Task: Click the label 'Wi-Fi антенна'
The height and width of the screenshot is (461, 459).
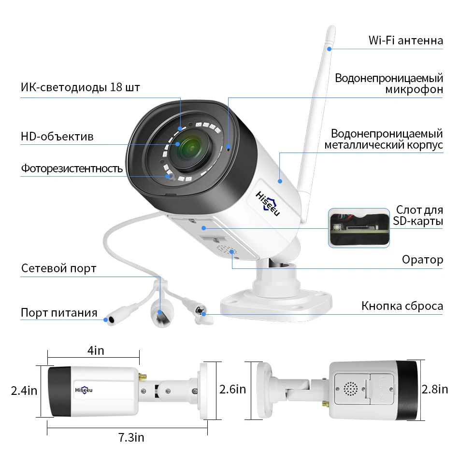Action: [405, 40]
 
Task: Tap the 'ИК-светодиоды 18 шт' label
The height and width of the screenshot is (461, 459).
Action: [80, 87]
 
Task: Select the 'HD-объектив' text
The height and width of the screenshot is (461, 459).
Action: [57, 137]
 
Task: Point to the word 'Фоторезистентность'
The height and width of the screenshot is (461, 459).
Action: [72, 168]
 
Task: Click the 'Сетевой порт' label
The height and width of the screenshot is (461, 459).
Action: [58, 268]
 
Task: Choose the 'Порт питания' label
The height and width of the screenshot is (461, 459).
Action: [59, 312]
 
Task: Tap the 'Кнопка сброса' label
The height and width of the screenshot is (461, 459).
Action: [402, 306]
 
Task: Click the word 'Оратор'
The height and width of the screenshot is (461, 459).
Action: [422, 260]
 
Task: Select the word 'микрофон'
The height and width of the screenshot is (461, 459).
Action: [414, 90]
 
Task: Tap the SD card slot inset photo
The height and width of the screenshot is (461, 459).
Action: [359, 228]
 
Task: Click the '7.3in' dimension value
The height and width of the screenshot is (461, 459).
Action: [131, 438]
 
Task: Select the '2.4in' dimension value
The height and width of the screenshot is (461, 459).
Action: [24, 390]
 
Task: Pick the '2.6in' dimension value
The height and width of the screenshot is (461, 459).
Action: [233, 389]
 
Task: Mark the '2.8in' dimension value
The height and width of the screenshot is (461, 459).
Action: [434, 389]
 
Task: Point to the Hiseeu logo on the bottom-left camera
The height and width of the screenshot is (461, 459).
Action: [83, 391]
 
